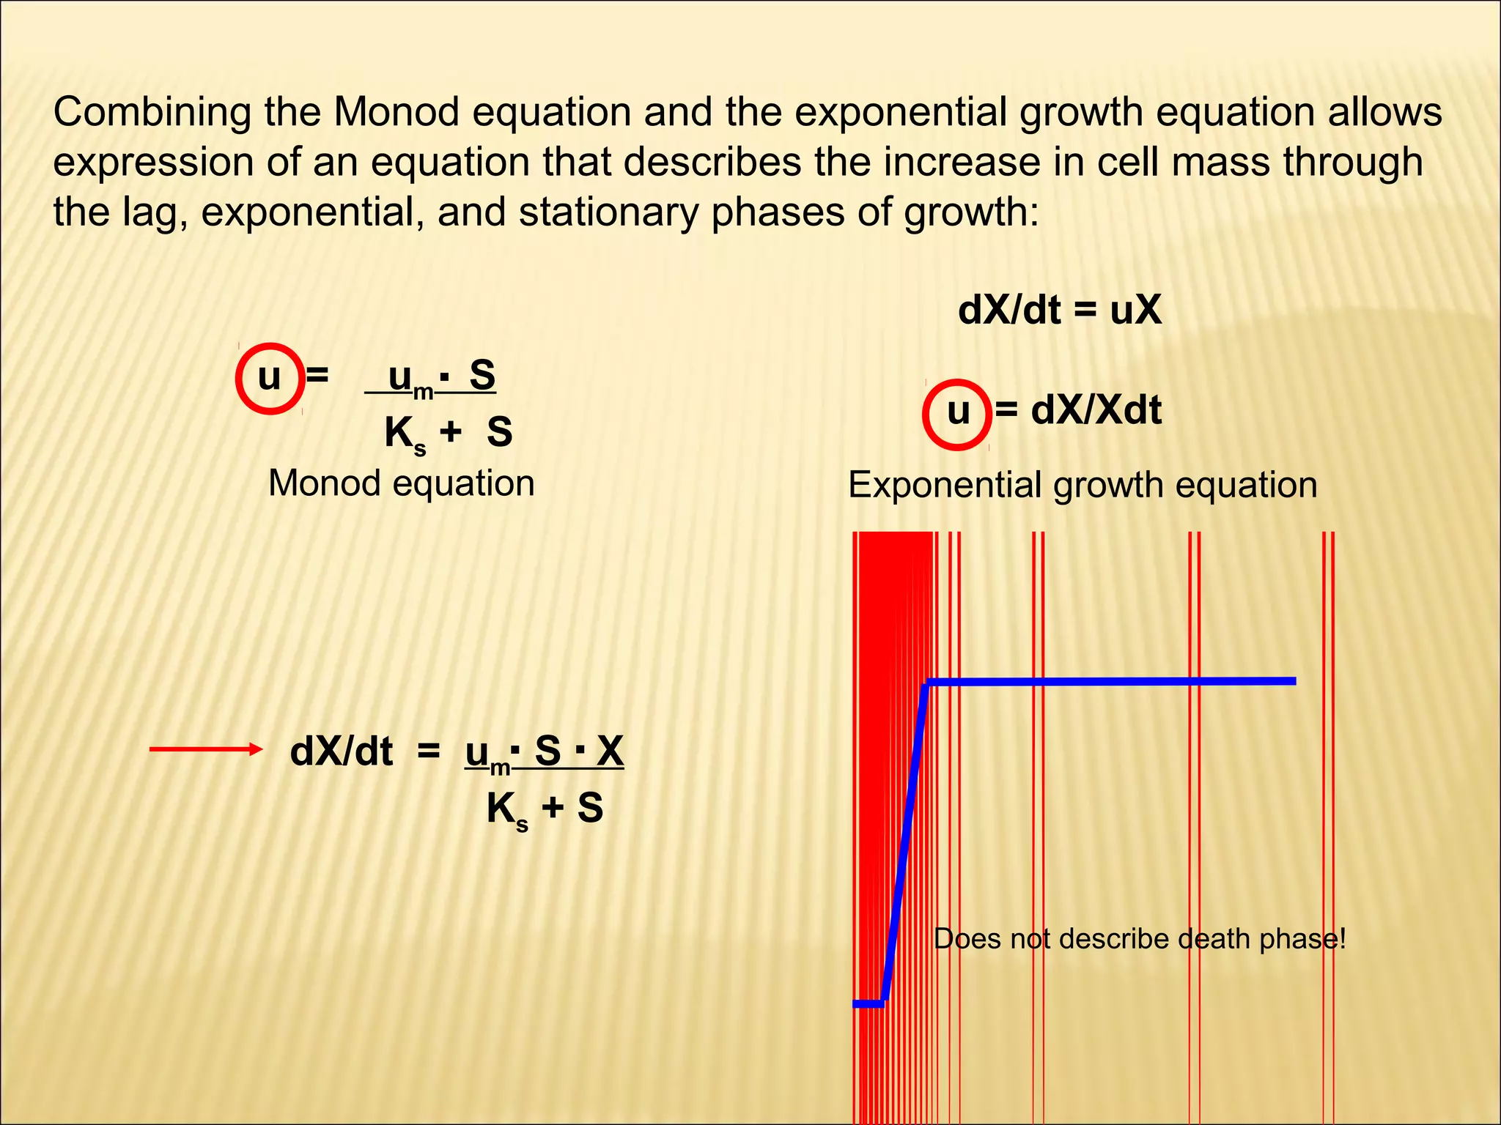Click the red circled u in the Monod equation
click(270, 378)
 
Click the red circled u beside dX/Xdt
click(957, 413)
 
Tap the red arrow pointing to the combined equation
click(205, 749)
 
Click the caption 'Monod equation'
click(402, 483)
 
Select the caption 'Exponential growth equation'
click(1083, 485)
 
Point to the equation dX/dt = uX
click(1059, 311)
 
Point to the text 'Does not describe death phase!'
click(1140, 939)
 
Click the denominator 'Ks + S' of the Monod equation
click(448, 433)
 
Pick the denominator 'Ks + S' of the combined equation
click(545, 809)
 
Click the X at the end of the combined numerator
click(610, 751)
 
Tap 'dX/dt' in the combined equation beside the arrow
click(342, 752)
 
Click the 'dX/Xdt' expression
click(1096, 410)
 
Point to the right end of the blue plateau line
click(1293, 681)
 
